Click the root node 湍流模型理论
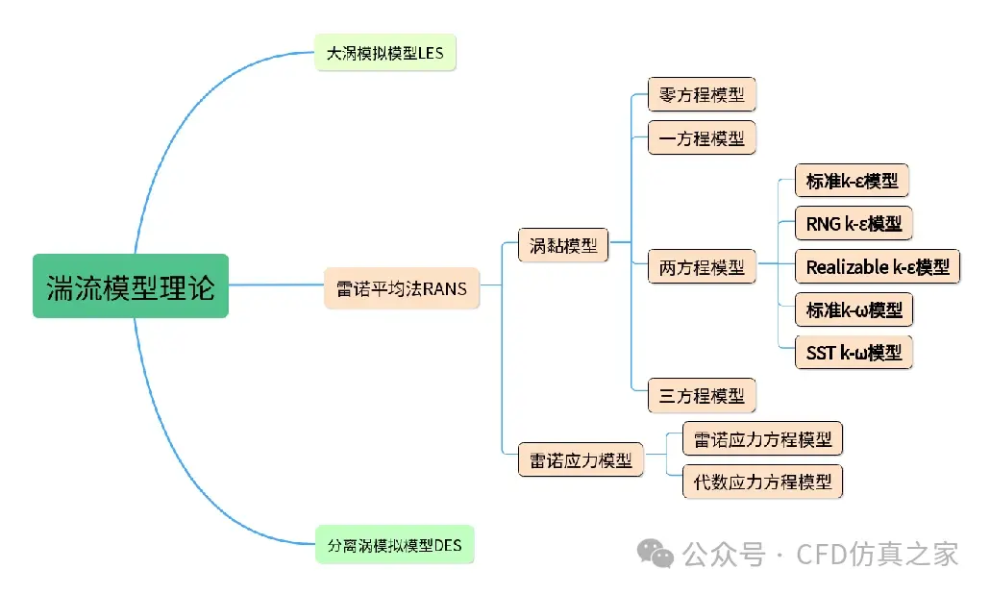131,286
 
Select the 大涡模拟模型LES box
385,53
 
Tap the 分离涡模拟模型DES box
395,544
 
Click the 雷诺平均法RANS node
402,288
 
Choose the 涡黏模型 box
563,245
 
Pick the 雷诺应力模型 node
581,460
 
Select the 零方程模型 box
702,95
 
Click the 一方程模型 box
702,137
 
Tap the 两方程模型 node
702,267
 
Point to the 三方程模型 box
702,395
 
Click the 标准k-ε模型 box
852,181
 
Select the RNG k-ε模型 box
854,223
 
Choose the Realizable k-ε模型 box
878,266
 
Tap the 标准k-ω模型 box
854,309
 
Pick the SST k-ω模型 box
854,352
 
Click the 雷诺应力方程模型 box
763,438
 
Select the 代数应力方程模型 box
763,482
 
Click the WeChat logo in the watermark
656,554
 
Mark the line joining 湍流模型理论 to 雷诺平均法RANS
277,285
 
